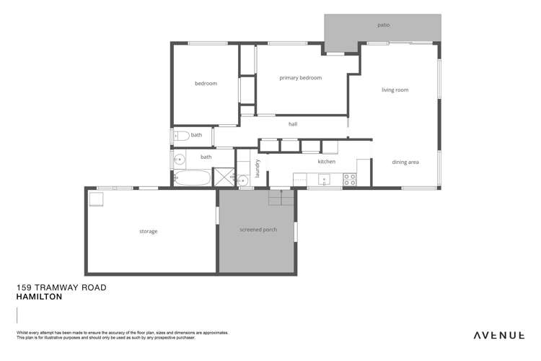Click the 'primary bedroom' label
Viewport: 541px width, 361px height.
[300, 78]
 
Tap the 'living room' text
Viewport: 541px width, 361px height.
[395, 90]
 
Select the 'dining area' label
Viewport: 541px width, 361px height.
[405, 162]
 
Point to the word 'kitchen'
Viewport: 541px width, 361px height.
[326, 162]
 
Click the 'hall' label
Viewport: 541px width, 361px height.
[292, 124]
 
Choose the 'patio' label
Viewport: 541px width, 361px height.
[383, 25]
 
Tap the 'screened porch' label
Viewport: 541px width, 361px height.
[258, 230]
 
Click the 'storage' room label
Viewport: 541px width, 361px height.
[148, 232]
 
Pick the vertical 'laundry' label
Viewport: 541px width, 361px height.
[258, 168]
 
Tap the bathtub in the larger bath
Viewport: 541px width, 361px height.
[192, 178]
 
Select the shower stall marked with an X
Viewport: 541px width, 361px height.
[224, 178]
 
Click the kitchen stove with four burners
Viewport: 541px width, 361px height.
[350, 180]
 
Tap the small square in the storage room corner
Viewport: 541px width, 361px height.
[96, 199]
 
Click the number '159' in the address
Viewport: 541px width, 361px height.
[26, 287]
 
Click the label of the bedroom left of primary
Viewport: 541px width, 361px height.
[206, 84]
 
